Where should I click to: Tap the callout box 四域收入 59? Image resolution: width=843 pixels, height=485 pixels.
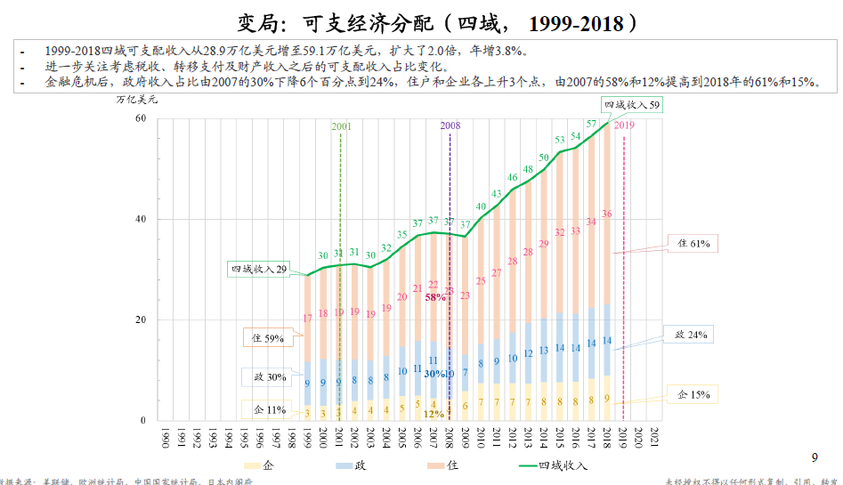coord(632,105)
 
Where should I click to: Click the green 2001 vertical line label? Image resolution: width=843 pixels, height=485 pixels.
coord(342,126)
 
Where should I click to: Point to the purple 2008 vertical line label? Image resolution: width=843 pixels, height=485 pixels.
coord(450,126)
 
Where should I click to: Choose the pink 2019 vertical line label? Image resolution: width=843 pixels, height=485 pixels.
coord(624,126)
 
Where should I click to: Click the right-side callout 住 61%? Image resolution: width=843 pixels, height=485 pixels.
coord(693,243)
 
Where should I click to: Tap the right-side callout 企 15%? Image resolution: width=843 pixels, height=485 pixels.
coord(692,394)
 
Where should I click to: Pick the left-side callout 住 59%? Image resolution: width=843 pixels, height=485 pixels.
coord(266,337)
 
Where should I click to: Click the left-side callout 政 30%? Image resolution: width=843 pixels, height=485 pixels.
coord(266,377)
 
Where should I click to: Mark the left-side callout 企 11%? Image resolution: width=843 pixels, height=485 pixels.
coord(266,409)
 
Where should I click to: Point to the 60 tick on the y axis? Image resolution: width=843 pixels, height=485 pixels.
coord(141,118)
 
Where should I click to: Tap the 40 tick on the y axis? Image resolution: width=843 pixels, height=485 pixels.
coord(141,219)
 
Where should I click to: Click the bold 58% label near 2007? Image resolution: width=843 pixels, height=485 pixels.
coord(435,298)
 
